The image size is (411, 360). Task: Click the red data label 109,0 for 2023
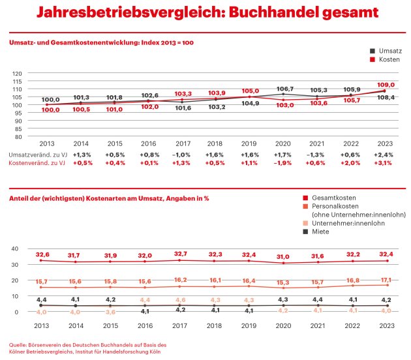[386, 85]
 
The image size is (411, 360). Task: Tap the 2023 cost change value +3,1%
[386, 163]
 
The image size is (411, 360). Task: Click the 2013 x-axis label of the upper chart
[46, 142]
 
